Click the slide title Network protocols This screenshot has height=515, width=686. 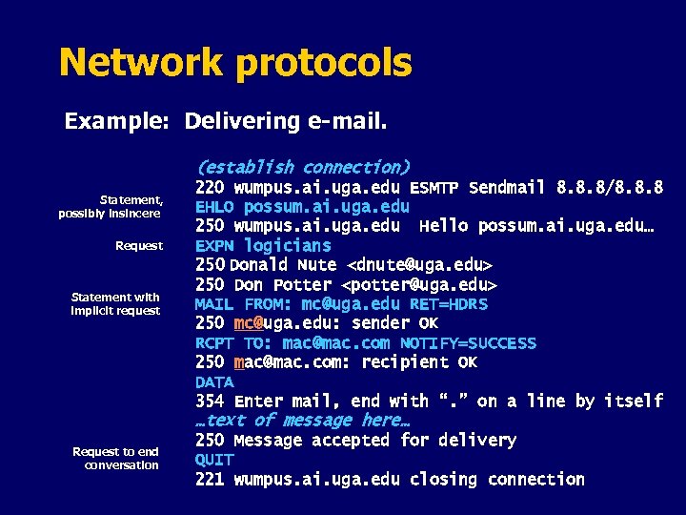[x=235, y=63]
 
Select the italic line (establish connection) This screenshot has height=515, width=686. [x=302, y=167]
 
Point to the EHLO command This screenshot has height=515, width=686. [x=214, y=207]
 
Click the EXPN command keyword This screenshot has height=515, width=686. [x=215, y=246]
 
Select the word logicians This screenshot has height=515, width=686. [x=288, y=246]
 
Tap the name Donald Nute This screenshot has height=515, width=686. [x=283, y=265]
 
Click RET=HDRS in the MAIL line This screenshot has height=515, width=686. [x=448, y=304]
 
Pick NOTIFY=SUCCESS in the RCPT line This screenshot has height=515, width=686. [x=468, y=343]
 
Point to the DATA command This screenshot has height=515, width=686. [x=214, y=382]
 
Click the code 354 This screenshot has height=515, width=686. [x=210, y=402]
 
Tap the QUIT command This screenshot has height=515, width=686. [x=214, y=460]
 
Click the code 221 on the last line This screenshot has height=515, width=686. [x=210, y=480]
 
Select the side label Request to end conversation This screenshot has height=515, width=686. [x=116, y=459]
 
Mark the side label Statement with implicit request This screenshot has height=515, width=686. [x=116, y=304]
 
